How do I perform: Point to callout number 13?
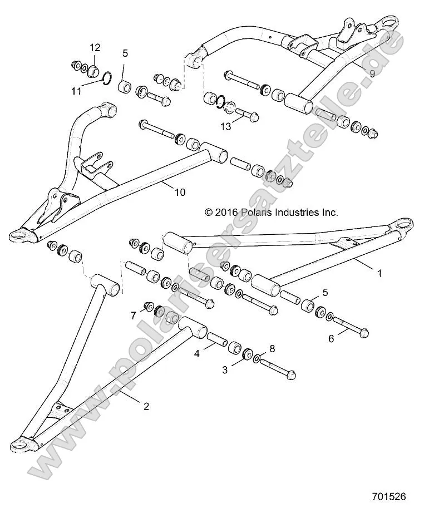pos(225,127)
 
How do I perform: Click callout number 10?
pos(180,193)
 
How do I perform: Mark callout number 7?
pos(133,315)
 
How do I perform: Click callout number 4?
pos(196,353)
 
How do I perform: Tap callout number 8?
pos(272,349)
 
